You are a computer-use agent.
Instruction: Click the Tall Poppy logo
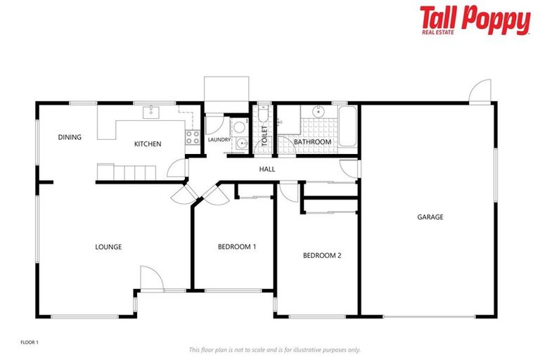click(475, 20)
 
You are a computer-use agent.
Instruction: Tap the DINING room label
click(70, 137)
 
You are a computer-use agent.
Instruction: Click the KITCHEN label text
click(148, 144)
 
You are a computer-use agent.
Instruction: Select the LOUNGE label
click(108, 247)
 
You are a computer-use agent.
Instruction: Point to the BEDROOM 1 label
click(236, 247)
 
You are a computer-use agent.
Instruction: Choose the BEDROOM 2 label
click(322, 255)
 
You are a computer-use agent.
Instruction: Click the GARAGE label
click(430, 217)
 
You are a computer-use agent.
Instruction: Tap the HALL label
click(267, 169)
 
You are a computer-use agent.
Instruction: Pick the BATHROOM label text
click(312, 142)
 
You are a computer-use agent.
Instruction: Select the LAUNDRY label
click(219, 140)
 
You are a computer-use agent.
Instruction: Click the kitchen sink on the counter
click(152, 111)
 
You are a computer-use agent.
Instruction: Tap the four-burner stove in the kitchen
click(193, 137)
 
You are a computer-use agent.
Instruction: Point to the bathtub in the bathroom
click(347, 127)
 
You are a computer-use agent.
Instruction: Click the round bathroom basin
click(318, 110)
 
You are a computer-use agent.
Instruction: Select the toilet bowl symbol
click(262, 115)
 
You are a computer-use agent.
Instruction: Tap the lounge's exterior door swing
click(150, 277)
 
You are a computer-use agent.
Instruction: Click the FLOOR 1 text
click(30, 342)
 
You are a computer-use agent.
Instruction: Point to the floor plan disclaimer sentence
click(274, 349)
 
